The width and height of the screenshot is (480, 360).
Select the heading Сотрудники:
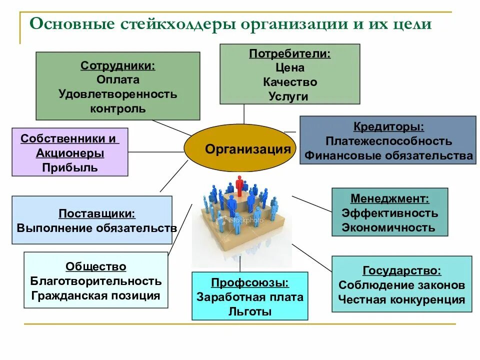[x=118, y=65]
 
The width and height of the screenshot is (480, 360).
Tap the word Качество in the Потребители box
[x=290, y=82]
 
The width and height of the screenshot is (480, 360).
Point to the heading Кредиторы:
[x=389, y=127]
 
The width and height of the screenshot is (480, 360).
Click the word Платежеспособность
[x=388, y=141]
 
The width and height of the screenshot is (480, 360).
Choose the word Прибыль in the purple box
[x=70, y=167]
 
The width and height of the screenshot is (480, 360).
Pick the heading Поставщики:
[x=97, y=213]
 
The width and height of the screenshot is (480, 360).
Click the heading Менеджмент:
[x=389, y=198]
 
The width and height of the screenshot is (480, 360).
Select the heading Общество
[x=96, y=266]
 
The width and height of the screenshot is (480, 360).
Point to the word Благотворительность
[x=96, y=281]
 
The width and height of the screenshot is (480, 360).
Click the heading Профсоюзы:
[x=250, y=283]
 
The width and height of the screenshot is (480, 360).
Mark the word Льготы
[x=250, y=312]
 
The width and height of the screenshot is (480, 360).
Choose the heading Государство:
[x=402, y=271]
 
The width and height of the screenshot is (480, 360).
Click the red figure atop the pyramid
[x=240, y=185]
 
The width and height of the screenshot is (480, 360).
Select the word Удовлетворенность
[x=118, y=94]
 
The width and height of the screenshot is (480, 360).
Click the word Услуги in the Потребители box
[x=290, y=96]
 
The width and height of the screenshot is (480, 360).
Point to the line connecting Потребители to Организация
[x=244, y=114]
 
